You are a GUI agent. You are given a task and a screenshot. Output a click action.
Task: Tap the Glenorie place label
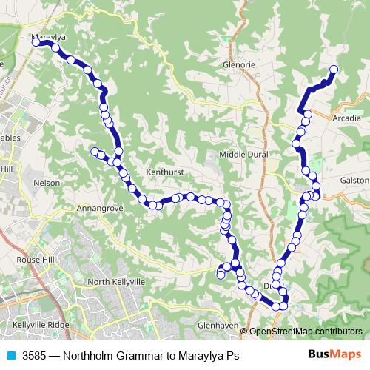[x=238, y=64]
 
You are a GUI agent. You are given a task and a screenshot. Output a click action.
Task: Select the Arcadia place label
[x=348, y=118]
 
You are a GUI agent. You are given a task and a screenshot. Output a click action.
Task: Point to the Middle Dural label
[x=243, y=154]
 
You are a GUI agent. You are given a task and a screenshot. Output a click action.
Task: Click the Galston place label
[x=354, y=181]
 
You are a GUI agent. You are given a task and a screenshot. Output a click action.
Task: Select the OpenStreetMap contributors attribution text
[x=305, y=332]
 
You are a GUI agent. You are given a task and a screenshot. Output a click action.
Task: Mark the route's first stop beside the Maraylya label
[x=36, y=43]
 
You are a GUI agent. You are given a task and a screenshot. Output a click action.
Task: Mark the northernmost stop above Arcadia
[x=333, y=70]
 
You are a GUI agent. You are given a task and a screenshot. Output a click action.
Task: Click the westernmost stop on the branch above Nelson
[x=94, y=152]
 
